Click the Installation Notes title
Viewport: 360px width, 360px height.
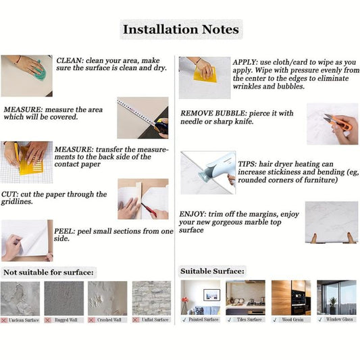180,30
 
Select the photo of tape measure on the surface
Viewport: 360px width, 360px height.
142,118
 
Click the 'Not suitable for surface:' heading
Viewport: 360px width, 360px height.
49,272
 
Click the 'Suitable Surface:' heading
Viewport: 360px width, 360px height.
212,271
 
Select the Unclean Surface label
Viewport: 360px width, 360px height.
24,319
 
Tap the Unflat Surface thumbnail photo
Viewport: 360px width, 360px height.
151,298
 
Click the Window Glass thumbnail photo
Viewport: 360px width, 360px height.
336,297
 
